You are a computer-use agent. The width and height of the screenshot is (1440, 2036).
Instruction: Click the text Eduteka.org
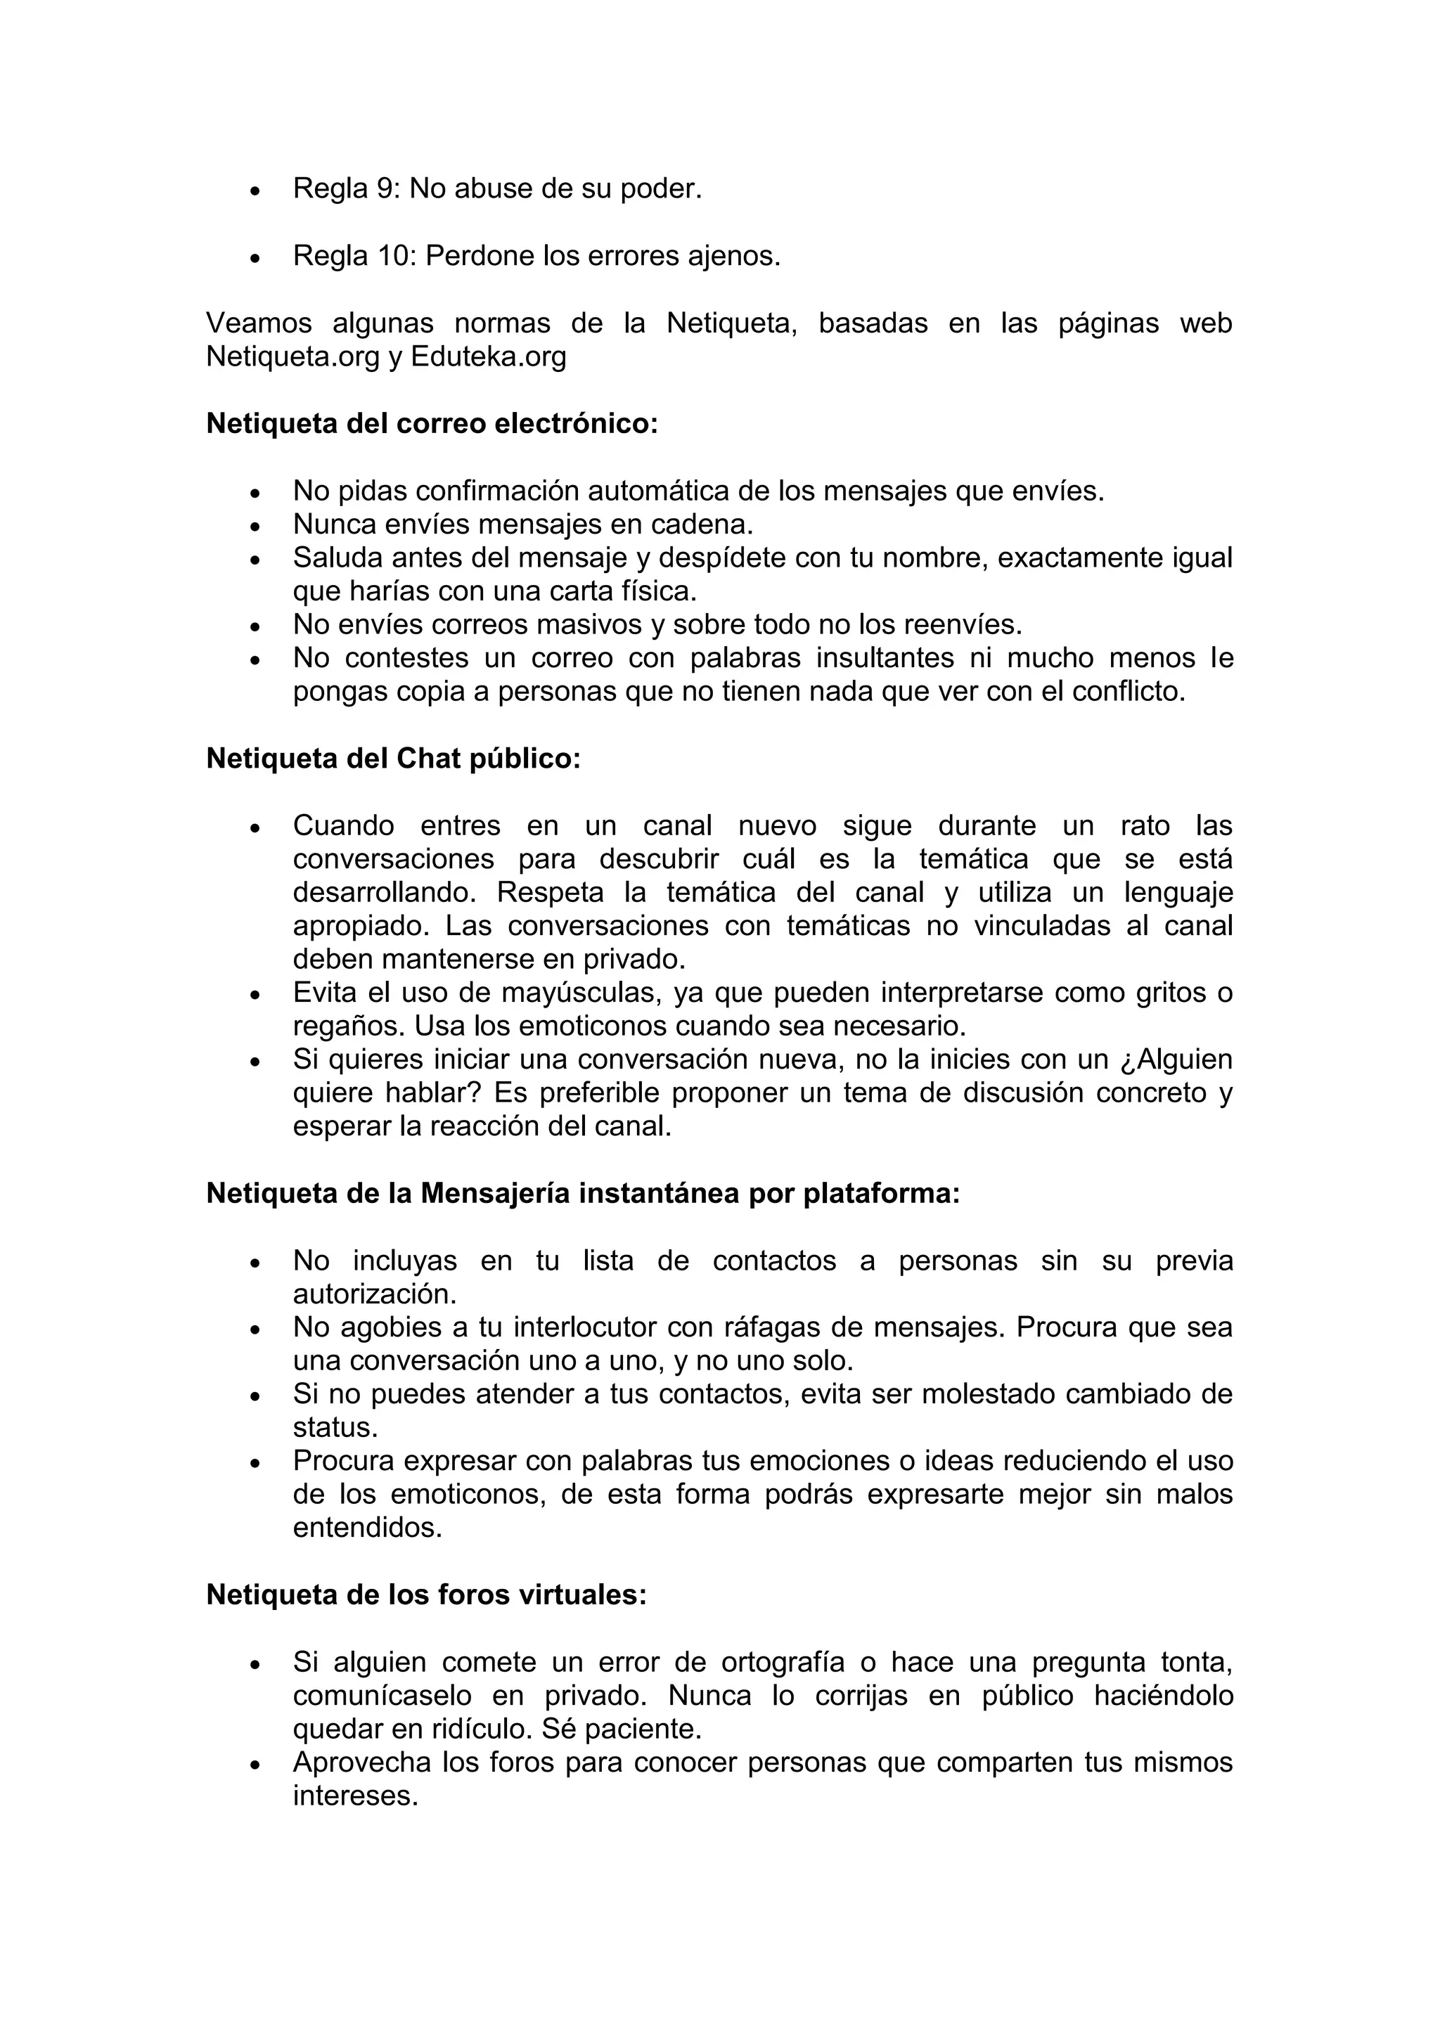(x=488, y=356)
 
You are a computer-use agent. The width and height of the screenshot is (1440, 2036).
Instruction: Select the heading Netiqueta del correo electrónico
(x=432, y=424)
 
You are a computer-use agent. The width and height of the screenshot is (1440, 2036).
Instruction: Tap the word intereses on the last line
(x=354, y=1796)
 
